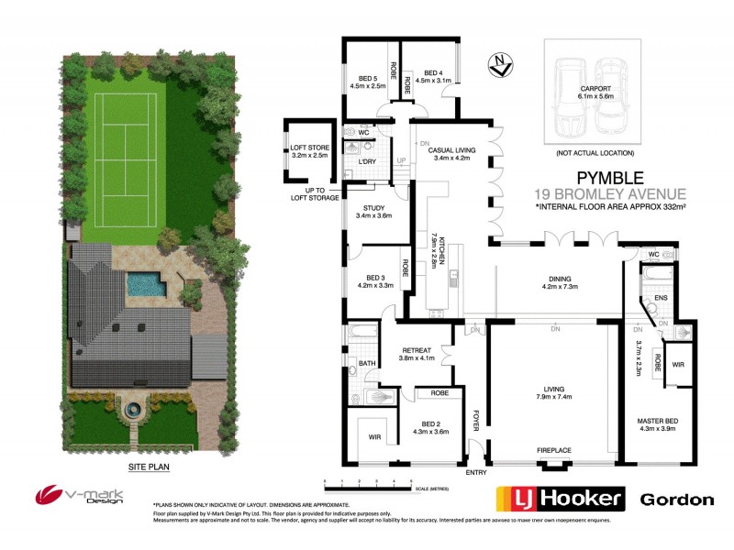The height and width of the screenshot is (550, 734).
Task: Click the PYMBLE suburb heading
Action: (609, 178)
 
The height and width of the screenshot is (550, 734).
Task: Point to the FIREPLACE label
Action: (553, 450)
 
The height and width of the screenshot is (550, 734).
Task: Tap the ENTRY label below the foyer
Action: (476, 472)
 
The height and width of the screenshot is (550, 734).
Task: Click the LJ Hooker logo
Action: (561, 500)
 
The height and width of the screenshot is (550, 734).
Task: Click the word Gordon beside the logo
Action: (676, 500)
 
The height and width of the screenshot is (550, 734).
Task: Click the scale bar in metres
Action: (367, 482)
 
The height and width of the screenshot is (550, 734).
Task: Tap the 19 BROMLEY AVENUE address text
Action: (609, 193)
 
